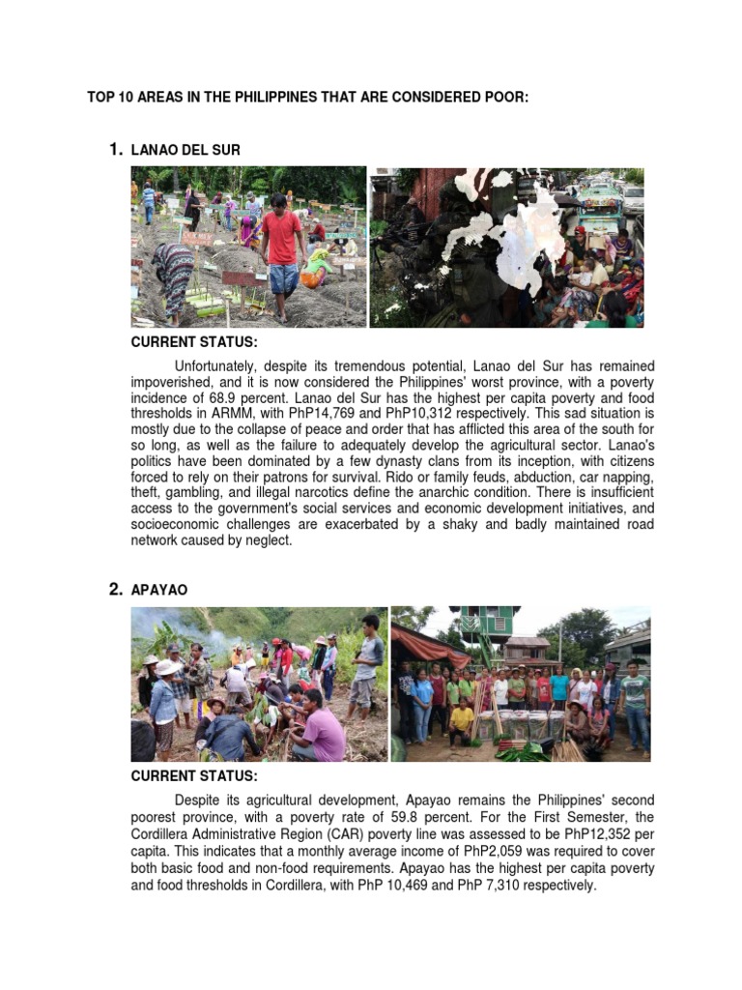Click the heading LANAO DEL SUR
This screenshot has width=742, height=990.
185,150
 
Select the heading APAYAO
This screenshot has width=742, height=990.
159,589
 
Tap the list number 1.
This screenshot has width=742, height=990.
115,149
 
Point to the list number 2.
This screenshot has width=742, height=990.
115,589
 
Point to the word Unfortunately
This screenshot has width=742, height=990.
219,366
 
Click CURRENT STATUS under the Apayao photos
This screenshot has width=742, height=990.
194,775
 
